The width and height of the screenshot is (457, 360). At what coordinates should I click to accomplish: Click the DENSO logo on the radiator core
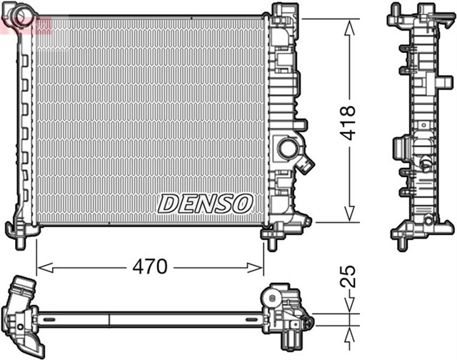pos(205,203)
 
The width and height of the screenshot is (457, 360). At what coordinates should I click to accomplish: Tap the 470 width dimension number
pos(149,267)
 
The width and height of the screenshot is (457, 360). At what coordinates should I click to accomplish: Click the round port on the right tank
pos(290,149)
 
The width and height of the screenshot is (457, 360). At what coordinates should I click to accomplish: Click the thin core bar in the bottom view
pos(150,314)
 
